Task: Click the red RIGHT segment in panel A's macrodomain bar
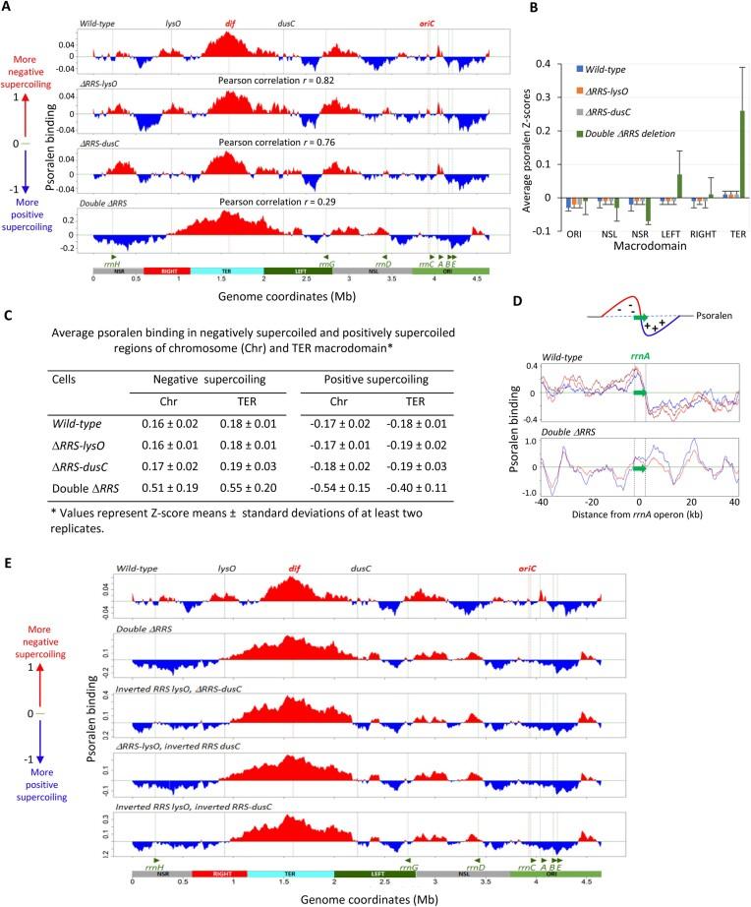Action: (x=166, y=270)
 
